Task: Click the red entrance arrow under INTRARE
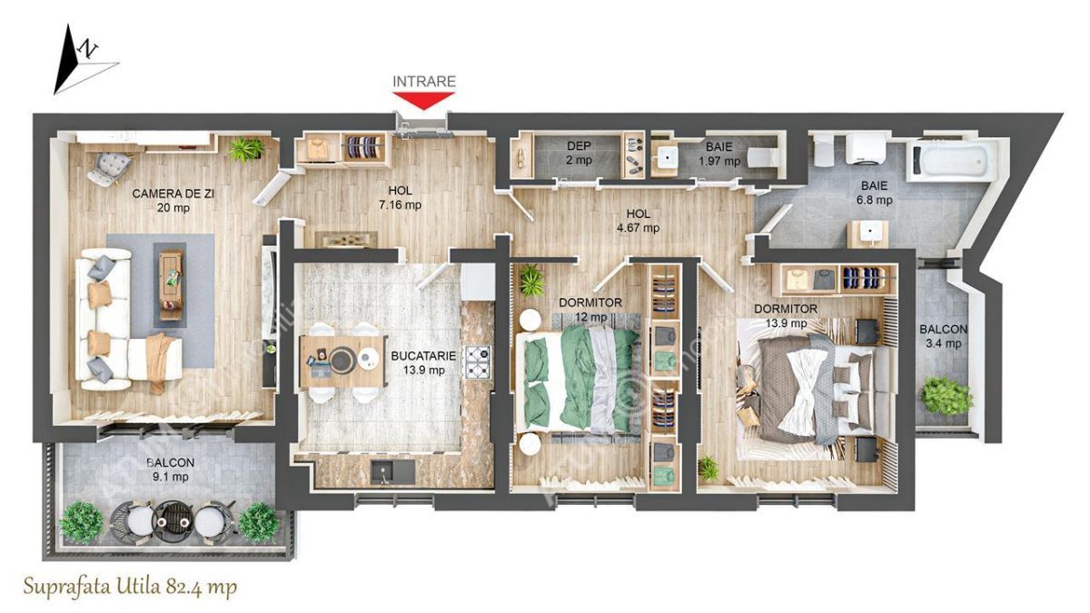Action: tap(423, 100)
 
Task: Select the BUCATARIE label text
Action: tap(417, 357)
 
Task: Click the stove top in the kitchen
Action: tap(478, 361)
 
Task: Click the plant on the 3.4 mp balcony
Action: tap(938, 396)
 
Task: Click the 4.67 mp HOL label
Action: tap(638, 222)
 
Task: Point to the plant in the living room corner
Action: tap(246, 149)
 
